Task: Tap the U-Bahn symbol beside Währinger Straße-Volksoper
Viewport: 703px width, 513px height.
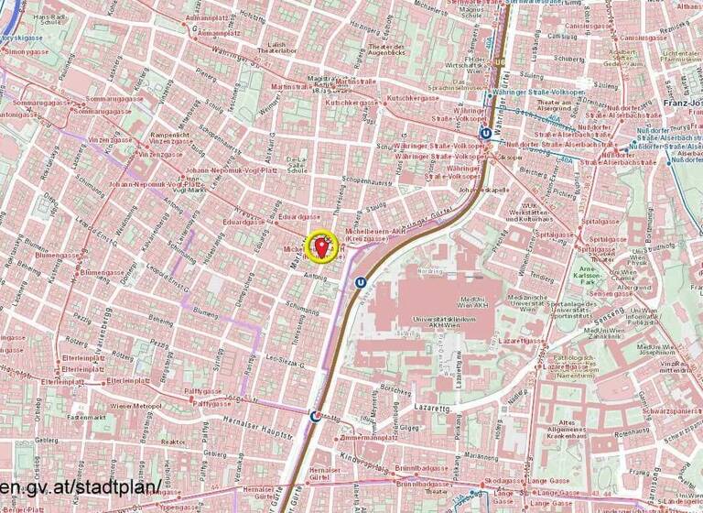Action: (485, 133)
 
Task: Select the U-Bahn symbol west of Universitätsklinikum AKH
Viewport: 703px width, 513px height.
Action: (362, 283)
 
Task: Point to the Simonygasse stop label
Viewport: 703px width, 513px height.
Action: (27, 52)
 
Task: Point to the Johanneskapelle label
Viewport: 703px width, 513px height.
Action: (482, 190)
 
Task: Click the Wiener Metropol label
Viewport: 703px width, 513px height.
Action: (135, 405)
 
